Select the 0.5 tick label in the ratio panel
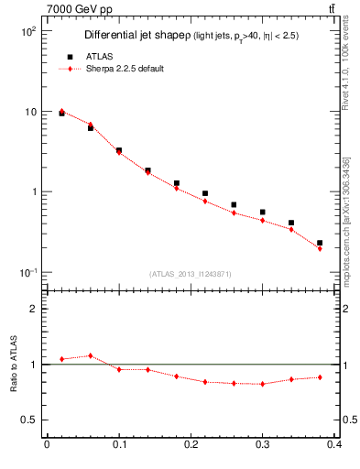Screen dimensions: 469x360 pos(29,420)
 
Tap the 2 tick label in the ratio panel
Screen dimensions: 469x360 pos(33,309)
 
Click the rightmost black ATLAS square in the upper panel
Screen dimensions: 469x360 pos(319,243)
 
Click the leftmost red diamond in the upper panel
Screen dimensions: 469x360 pos(61,111)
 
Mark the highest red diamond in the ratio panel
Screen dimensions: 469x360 pos(90,355)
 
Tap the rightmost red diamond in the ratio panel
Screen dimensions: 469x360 pos(319,376)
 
